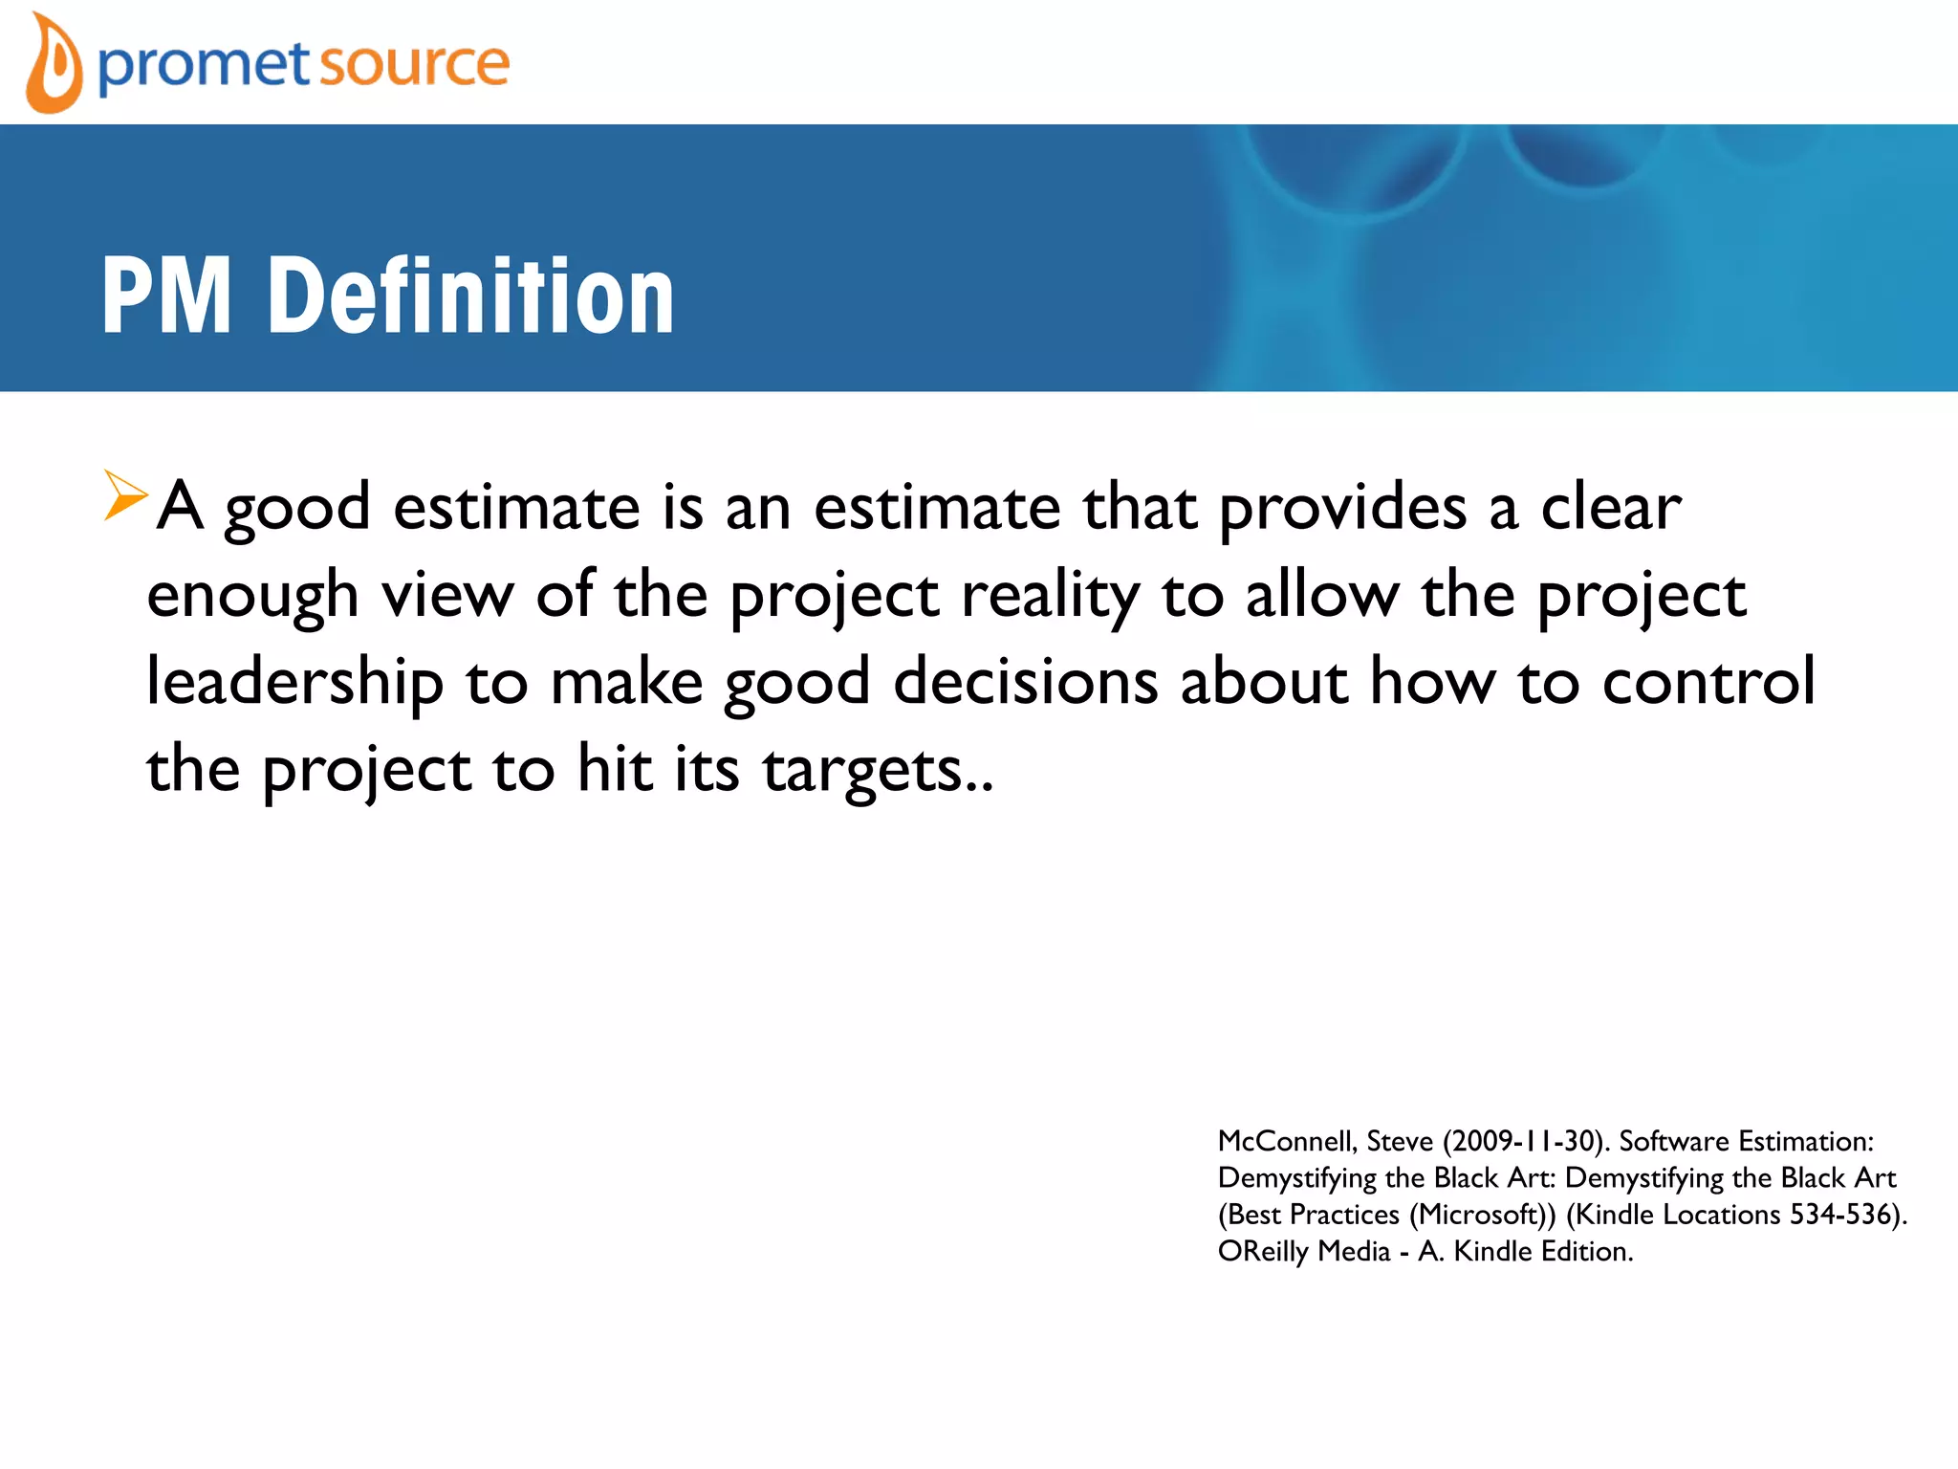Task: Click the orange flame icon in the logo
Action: [x=53, y=65]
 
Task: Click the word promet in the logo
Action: [x=204, y=65]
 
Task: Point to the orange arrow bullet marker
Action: [x=125, y=495]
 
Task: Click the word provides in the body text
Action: [x=1342, y=507]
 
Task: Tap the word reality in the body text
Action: [x=1050, y=595]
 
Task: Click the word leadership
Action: [x=294, y=683]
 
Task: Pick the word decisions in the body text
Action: [x=1025, y=681]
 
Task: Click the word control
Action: [x=1708, y=681]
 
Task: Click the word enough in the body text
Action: [x=252, y=595]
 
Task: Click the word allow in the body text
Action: [x=1321, y=595]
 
